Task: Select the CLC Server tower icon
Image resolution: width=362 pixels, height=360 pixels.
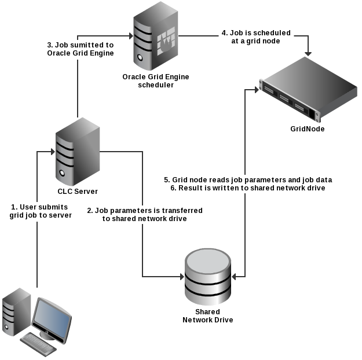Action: (x=77, y=152)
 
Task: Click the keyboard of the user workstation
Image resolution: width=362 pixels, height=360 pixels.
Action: (x=39, y=344)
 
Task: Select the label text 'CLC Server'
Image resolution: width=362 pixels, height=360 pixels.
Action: (x=77, y=192)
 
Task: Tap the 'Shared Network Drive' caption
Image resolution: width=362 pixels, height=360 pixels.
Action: (x=207, y=315)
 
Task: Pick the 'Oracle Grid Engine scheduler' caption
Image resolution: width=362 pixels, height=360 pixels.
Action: (x=156, y=80)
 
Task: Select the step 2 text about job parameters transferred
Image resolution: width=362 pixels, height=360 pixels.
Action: (x=145, y=215)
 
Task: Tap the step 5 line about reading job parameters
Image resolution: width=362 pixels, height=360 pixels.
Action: (x=247, y=179)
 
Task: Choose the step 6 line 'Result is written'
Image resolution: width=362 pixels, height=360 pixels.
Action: (x=247, y=188)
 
